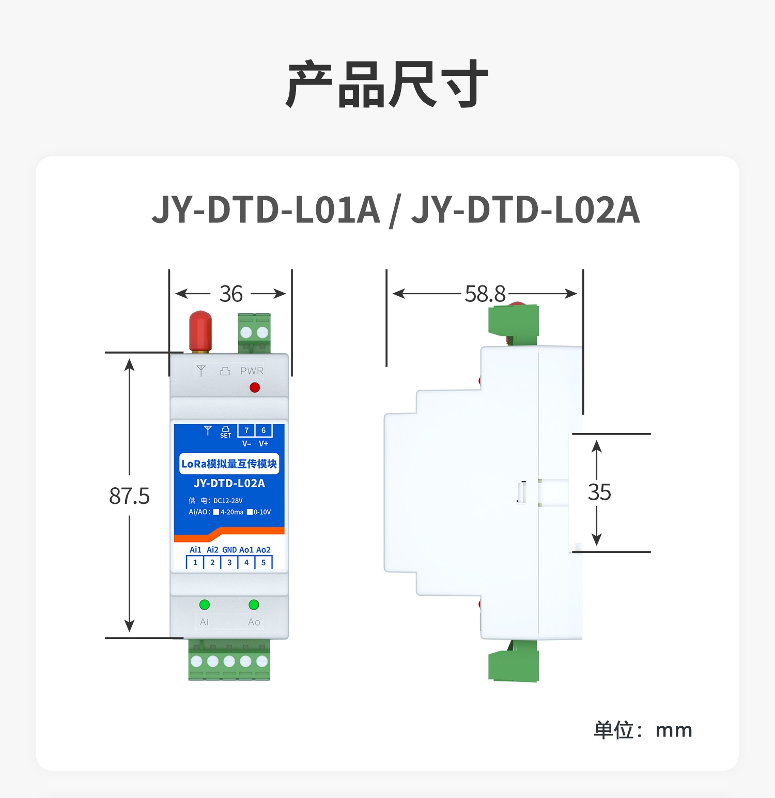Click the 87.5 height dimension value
click(129, 496)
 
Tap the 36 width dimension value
click(231, 294)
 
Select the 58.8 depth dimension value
click(485, 294)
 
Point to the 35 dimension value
click(599, 492)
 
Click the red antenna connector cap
click(200, 331)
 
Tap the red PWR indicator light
click(255, 387)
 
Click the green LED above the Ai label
click(205, 604)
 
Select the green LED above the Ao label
click(254, 604)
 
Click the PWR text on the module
click(252, 371)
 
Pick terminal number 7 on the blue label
click(246, 430)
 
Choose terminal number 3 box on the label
click(229, 563)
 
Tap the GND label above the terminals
click(229, 550)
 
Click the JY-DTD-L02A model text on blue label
click(229, 483)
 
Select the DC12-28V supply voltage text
click(228, 501)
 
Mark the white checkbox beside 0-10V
click(250, 512)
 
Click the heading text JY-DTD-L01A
click(266, 210)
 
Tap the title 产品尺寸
click(388, 84)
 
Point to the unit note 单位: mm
click(643, 730)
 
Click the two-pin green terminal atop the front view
click(254, 333)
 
